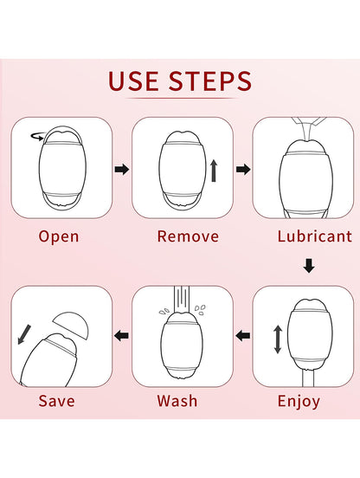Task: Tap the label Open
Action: click(x=59, y=236)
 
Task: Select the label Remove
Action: click(x=180, y=236)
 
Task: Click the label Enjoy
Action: click(x=299, y=401)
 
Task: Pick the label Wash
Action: click(x=177, y=401)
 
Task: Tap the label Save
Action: click(x=56, y=401)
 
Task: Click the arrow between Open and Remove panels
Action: click(x=122, y=170)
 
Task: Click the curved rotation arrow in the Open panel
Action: click(x=36, y=135)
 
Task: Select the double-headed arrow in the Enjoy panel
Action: click(x=277, y=338)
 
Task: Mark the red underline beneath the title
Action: click(x=180, y=102)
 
